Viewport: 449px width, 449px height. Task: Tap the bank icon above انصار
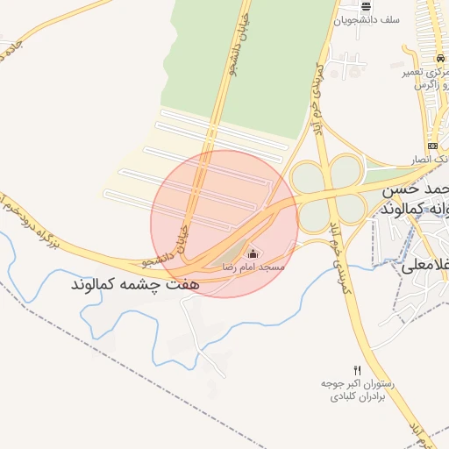pyautogui.click(x=432, y=146)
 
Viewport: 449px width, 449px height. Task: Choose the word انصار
pyautogui.click(x=423, y=160)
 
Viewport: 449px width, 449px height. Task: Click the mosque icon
pyautogui.click(x=253, y=253)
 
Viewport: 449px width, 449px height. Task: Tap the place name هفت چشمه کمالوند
pyautogui.click(x=137, y=285)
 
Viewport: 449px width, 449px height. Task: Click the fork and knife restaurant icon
pyautogui.click(x=356, y=370)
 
